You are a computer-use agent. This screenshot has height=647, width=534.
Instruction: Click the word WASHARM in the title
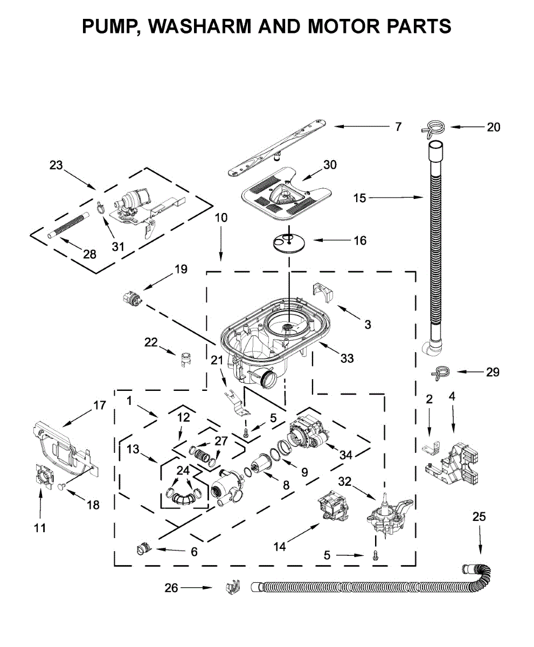coord(200,26)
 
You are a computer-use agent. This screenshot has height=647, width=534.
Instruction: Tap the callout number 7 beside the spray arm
coord(398,127)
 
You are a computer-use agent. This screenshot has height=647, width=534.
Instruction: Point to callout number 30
coord(330,164)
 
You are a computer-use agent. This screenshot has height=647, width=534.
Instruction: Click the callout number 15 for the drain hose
coord(359,198)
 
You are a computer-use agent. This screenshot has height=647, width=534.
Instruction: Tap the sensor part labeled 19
coord(131,299)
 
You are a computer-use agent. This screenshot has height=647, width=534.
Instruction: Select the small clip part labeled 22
coord(186,359)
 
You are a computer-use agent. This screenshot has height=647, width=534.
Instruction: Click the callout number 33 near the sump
coord(347,359)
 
